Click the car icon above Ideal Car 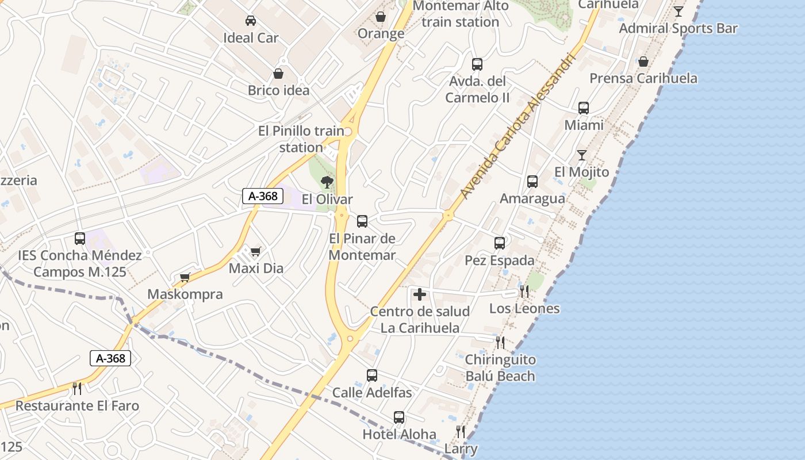[x=251, y=21]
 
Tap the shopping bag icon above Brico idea [x=278, y=74]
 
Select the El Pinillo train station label [x=301, y=139]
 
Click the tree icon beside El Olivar [x=327, y=183]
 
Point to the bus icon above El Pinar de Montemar [x=362, y=221]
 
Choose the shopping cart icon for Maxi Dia [x=256, y=251]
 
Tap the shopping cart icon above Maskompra [x=185, y=278]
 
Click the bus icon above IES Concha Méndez [x=80, y=238]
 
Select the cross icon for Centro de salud [x=420, y=295]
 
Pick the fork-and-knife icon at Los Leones [x=524, y=292]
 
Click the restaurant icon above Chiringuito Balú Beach [x=500, y=343]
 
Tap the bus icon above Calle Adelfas [x=372, y=375]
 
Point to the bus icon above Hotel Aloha [x=399, y=417]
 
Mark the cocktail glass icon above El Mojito [x=582, y=155]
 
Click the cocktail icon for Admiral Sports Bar [x=678, y=11]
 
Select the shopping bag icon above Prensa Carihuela [x=643, y=62]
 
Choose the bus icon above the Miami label [x=584, y=108]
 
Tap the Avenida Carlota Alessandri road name [x=517, y=128]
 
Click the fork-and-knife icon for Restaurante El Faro [x=77, y=389]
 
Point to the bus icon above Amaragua [x=532, y=182]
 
